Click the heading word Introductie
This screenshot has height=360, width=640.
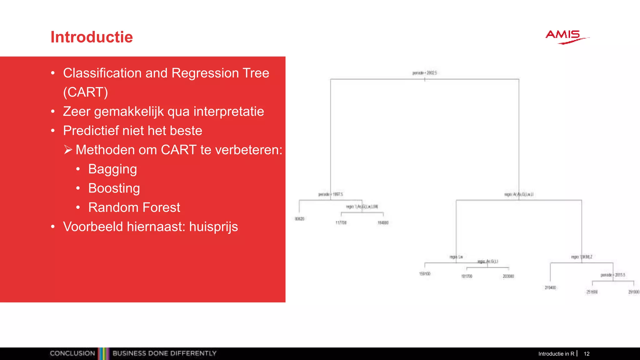[x=92, y=37]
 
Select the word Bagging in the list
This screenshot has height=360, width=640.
[x=112, y=169]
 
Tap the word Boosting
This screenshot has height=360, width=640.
[x=114, y=188]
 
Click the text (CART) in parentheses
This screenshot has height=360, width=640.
[x=85, y=92]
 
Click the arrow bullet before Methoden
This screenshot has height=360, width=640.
[x=68, y=150]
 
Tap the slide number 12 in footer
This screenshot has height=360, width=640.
[x=587, y=354]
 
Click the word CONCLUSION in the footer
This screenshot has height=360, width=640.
[x=72, y=353]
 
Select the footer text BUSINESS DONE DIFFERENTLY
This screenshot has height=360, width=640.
[x=164, y=353]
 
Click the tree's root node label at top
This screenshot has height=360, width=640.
[x=424, y=73]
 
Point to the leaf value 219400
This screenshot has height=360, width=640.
[x=550, y=287]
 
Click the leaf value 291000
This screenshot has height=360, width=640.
[x=634, y=292]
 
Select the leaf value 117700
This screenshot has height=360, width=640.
[x=341, y=223]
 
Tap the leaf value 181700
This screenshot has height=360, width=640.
[x=467, y=276]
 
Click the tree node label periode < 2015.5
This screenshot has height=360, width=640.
[x=612, y=275]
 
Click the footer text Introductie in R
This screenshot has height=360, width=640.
[x=556, y=354]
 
